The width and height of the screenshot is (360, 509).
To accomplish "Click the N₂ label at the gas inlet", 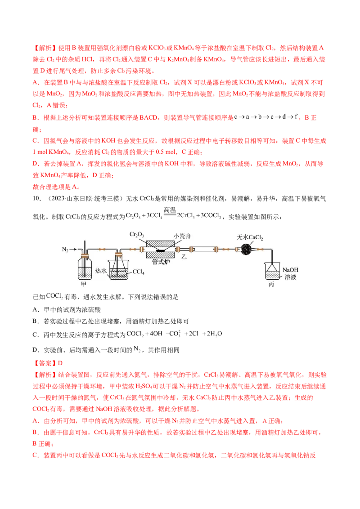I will tap(65, 249).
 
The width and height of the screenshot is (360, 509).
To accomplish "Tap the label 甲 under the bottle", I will tap(83, 285).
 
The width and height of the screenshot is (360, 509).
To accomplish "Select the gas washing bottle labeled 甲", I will tap(84, 269).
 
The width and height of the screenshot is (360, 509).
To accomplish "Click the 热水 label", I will tap(100, 271).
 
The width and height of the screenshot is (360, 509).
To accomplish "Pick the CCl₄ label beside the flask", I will tap(137, 271).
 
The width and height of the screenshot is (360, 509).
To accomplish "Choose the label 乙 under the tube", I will tap(184, 258).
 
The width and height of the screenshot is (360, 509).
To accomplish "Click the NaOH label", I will tap(290, 270).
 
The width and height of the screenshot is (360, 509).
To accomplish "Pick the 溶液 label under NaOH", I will tap(290, 277).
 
